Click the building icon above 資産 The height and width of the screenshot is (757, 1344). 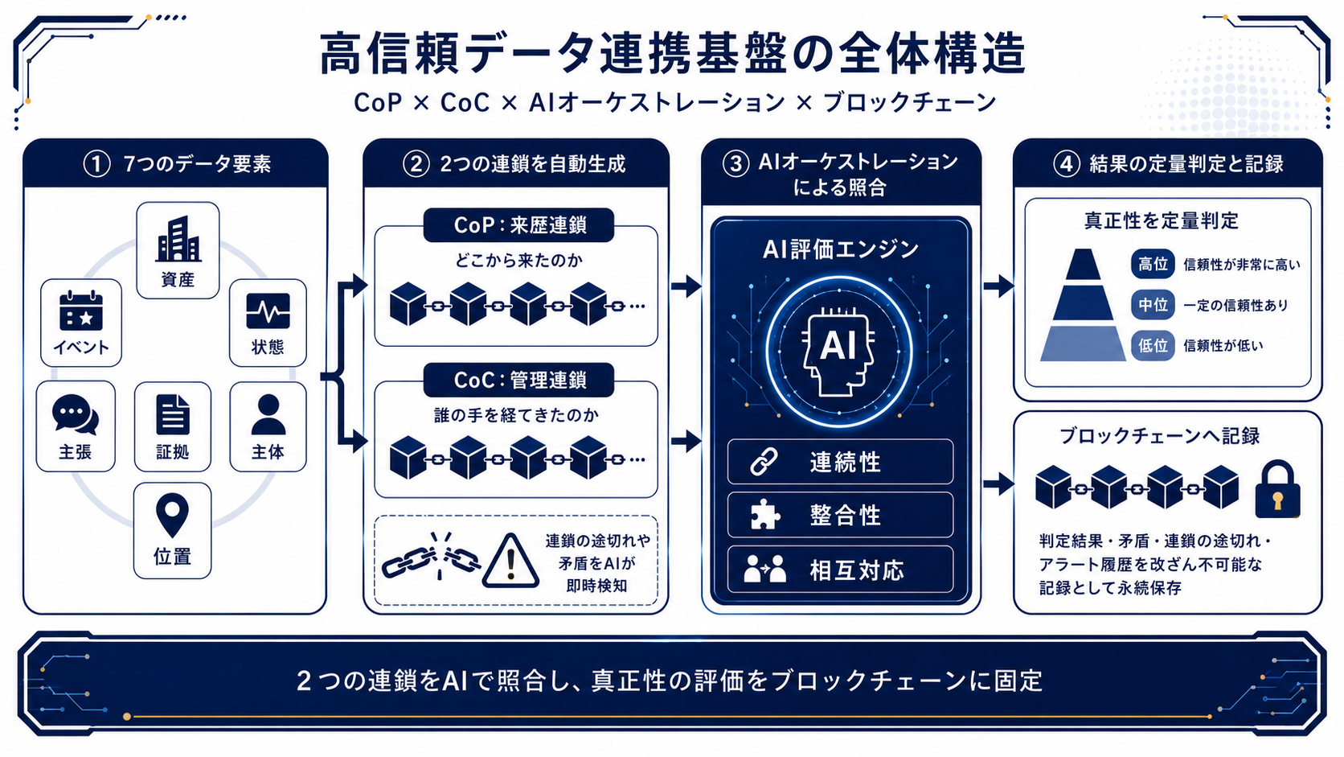(x=178, y=239)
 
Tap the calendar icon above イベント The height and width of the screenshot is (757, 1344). (x=81, y=311)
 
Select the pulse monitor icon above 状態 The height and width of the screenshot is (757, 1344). (x=268, y=311)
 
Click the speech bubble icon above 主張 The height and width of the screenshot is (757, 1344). (x=75, y=414)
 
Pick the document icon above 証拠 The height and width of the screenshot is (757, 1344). (x=173, y=414)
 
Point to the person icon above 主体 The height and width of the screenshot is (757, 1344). (x=268, y=414)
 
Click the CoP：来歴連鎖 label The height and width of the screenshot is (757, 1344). (x=519, y=225)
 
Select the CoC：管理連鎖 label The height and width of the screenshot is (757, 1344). (x=519, y=380)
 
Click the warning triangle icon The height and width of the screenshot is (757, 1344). (x=510, y=561)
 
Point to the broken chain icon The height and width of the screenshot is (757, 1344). (x=432, y=557)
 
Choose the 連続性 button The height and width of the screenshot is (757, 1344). (x=840, y=462)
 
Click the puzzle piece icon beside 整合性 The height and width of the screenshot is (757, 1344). (x=765, y=515)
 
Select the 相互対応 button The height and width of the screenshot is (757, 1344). (x=840, y=569)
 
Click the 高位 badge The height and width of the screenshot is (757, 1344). (x=1153, y=264)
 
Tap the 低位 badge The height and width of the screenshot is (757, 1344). (x=1153, y=346)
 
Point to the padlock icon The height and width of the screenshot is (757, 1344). (x=1277, y=489)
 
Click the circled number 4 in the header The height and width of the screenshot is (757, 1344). (x=1067, y=163)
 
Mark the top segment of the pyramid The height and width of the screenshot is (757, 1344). (x=1083, y=265)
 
